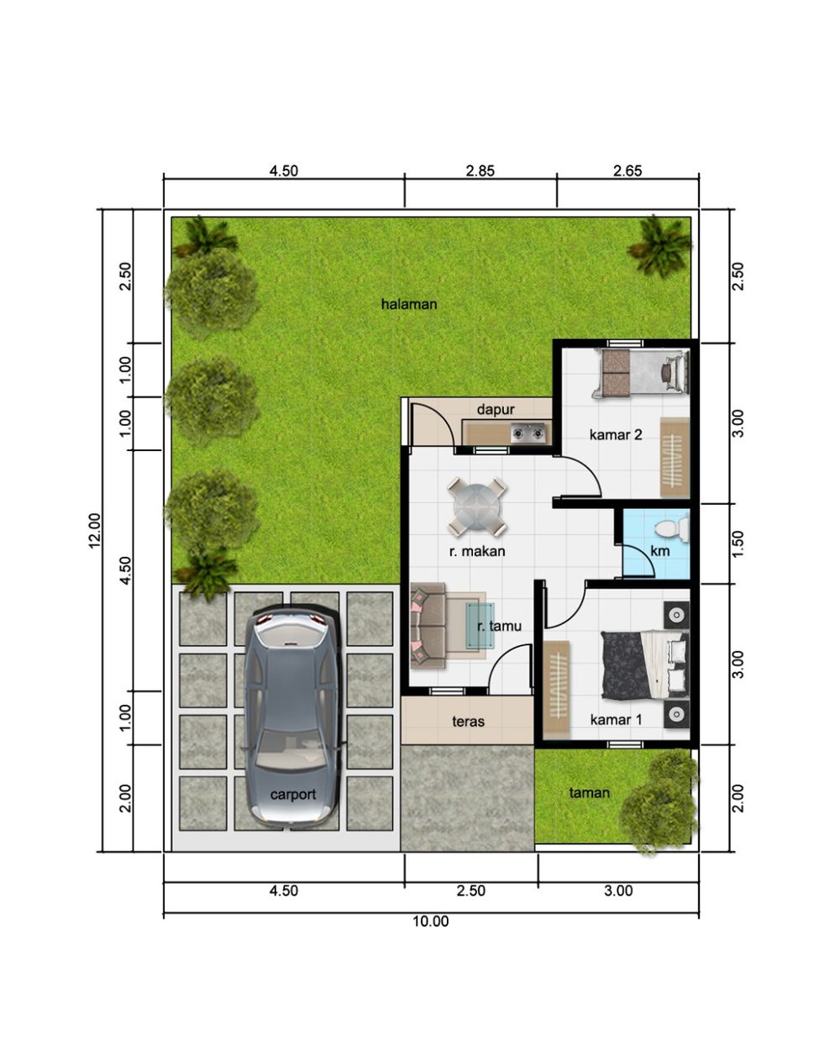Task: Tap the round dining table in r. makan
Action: click(477, 507)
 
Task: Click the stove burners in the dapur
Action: click(528, 432)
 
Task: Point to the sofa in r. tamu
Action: click(428, 625)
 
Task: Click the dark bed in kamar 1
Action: click(644, 665)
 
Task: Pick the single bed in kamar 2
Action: click(641, 373)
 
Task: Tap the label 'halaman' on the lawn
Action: click(409, 304)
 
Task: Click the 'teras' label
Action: click(468, 722)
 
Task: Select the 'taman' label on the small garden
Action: click(590, 792)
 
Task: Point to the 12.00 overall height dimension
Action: click(95, 530)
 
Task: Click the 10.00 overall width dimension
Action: click(431, 921)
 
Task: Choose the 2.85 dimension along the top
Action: click(480, 171)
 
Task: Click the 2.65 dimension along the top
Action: click(627, 171)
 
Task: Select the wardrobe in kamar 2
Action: click(675, 457)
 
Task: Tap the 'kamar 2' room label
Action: click(616, 434)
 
